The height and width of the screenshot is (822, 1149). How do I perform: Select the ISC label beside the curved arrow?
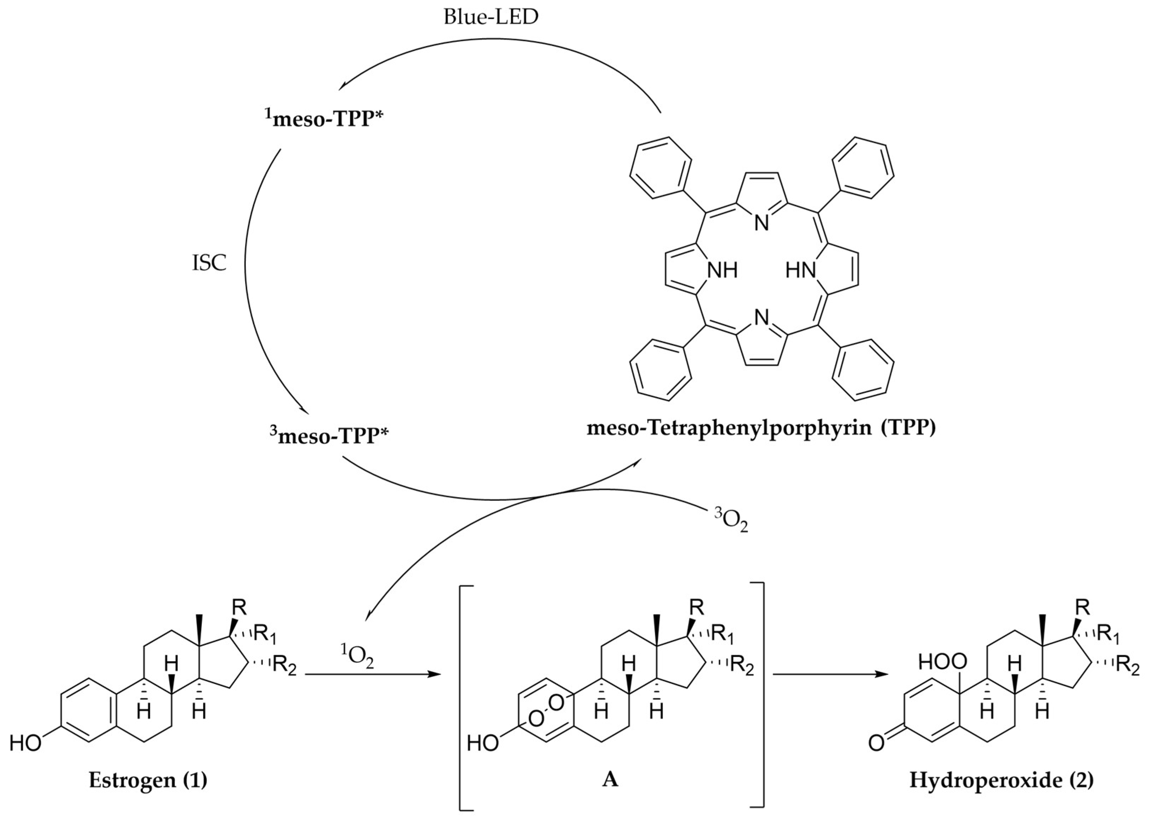(209, 264)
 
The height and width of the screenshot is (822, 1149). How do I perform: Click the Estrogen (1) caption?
(148, 780)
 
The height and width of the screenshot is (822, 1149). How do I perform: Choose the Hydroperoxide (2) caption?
(1001, 780)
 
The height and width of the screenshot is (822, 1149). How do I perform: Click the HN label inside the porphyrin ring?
(801, 271)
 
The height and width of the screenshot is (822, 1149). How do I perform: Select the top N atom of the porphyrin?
(761, 223)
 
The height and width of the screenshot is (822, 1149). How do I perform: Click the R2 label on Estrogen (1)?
(287, 665)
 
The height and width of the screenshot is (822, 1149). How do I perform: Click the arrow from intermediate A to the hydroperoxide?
(830, 674)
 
